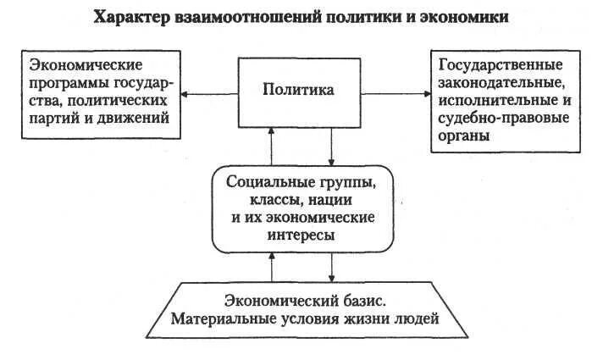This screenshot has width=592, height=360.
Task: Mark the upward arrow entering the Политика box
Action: point(271,146)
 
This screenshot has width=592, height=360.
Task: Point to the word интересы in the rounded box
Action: point(302,235)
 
